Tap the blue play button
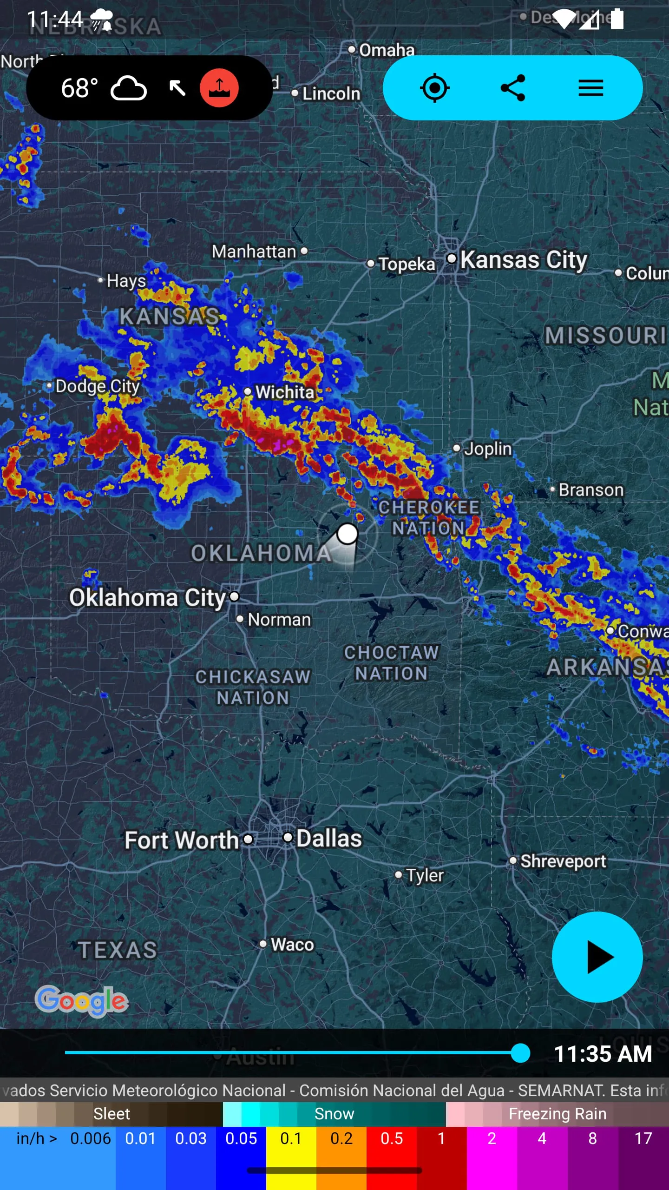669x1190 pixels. click(597, 957)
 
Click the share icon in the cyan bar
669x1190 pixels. click(512, 88)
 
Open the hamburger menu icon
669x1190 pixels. click(590, 88)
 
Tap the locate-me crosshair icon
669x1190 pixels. click(434, 88)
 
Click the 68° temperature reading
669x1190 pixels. click(79, 88)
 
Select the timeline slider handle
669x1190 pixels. click(520, 1053)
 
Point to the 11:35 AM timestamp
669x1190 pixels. click(603, 1054)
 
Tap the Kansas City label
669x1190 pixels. click(524, 260)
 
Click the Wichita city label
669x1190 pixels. click(285, 392)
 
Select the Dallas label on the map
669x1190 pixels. click(329, 839)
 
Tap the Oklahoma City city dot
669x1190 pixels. click(235, 596)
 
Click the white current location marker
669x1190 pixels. click(347, 534)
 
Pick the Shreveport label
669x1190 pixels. click(563, 861)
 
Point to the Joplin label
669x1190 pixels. click(488, 449)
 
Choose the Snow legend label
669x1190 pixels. click(334, 1114)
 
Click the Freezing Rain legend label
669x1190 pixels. click(557, 1114)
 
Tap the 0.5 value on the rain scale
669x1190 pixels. click(392, 1138)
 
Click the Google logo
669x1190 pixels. click(82, 1000)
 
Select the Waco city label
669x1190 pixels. click(292, 945)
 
